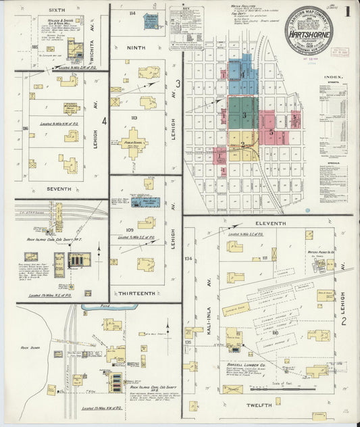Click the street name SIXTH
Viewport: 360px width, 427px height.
(x=57, y=10)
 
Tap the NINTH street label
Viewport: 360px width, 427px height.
(x=136, y=47)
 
